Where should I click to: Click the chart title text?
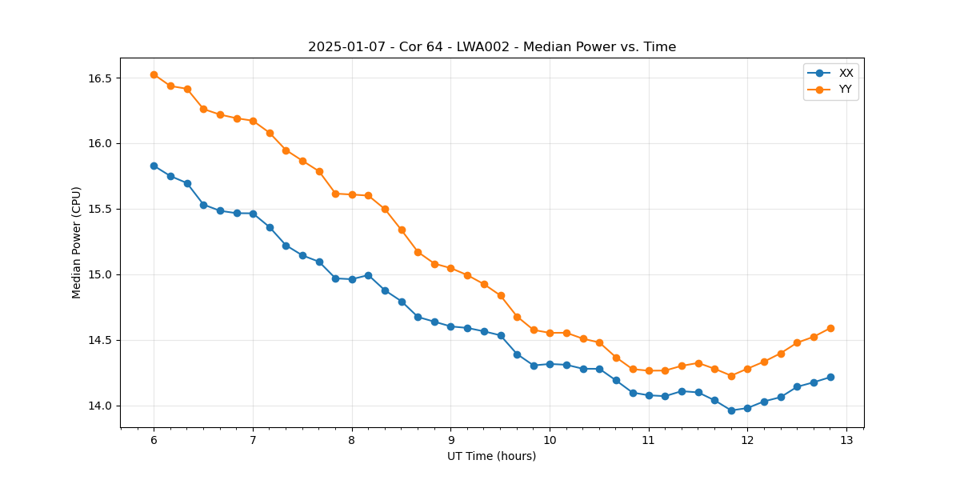pyautogui.click(x=492, y=47)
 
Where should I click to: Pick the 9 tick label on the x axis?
pyautogui.click(x=450, y=440)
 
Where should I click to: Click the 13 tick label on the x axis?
pyautogui.click(x=846, y=440)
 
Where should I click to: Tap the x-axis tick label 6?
pyautogui.click(x=154, y=440)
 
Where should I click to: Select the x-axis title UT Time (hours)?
pyautogui.click(x=491, y=456)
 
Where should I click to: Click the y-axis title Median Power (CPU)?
pyautogui.click(x=77, y=242)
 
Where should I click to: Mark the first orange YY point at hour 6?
pyautogui.click(x=154, y=74)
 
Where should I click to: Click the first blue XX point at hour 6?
pyautogui.click(x=154, y=166)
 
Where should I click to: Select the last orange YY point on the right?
pyautogui.click(x=830, y=328)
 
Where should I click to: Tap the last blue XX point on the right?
pyautogui.click(x=830, y=377)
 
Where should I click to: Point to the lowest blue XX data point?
pyautogui.click(x=731, y=410)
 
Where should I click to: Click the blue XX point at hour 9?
pyautogui.click(x=450, y=326)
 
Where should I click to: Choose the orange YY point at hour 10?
pyautogui.click(x=550, y=333)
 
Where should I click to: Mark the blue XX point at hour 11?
pyautogui.click(x=649, y=395)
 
